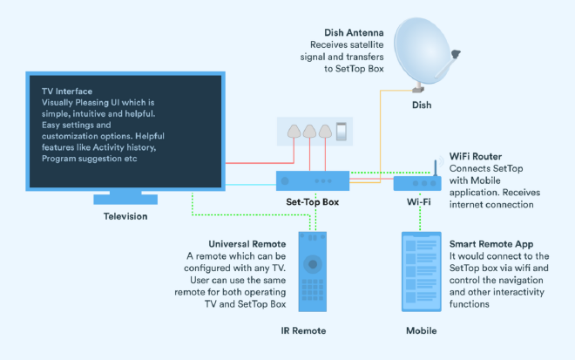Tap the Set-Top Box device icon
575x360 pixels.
(314, 181)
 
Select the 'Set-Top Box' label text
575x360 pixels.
(313, 202)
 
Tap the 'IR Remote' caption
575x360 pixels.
(312, 332)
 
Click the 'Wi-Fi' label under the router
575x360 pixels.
(419, 202)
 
